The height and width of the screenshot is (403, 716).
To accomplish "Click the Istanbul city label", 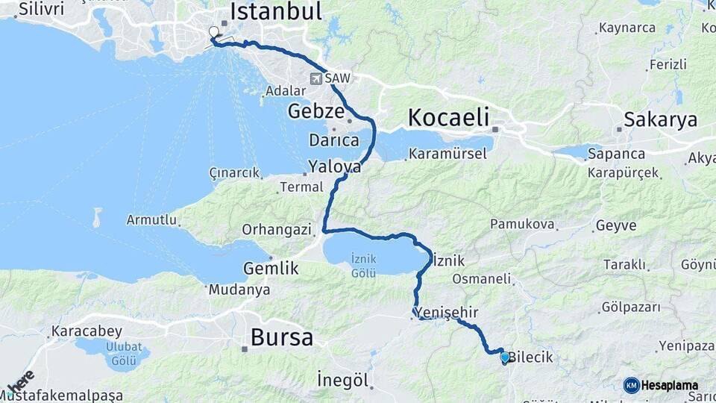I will click(x=276, y=11).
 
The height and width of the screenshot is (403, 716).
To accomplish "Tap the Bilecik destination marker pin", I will click(x=505, y=357).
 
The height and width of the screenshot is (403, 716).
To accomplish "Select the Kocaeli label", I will click(x=449, y=117).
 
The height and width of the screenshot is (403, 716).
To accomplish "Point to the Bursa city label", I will click(x=282, y=337).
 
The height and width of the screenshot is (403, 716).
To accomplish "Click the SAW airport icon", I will click(x=317, y=78).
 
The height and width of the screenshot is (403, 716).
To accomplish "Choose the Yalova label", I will click(x=335, y=167).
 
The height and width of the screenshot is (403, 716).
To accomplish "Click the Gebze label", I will click(x=316, y=112).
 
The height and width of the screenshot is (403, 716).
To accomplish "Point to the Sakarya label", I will click(x=660, y=119).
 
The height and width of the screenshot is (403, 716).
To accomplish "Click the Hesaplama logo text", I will click(x=670, y=386).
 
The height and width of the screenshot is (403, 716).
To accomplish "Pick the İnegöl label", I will click(x=343, y=380).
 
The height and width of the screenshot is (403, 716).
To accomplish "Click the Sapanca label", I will click(x=616, y=154).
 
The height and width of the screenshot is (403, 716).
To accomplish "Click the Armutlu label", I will click(x=152, y=220).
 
